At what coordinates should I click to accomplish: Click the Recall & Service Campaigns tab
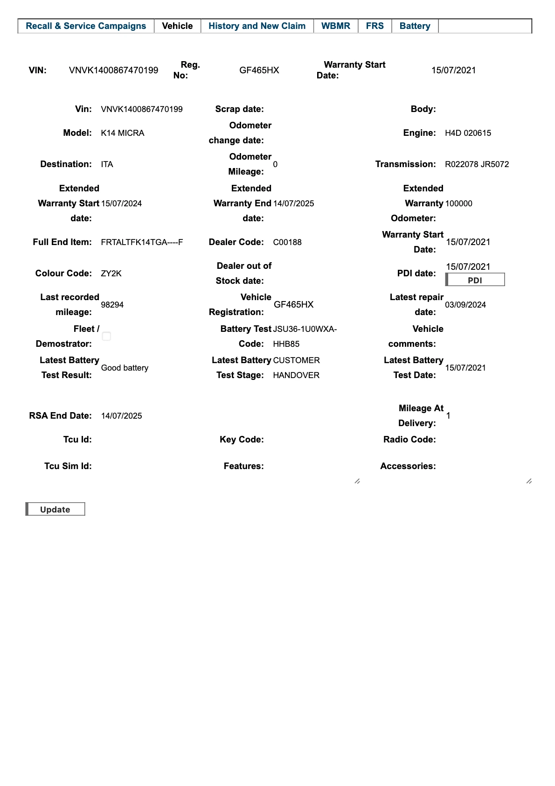tap(86, 26)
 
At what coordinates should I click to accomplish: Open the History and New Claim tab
tap(257, 26)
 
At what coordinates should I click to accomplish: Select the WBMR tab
tap(335, 26)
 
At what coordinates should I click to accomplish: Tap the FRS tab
tap(375, 26)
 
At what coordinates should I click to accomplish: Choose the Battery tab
tap(415, 26)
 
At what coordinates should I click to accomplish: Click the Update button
tap(55, 509)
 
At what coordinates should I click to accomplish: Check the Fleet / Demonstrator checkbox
tap(106, 336)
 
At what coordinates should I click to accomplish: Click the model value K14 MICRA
tap(123, 133)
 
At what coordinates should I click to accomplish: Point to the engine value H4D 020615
tap(468, 133)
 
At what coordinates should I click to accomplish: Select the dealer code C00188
tap(287, 242)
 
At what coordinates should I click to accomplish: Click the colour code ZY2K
tap(111, 274)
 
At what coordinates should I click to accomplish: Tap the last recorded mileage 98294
tap(112, 305)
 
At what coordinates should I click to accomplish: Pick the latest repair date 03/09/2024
tap(465, 305)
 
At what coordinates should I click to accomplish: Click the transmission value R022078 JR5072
tap(477, 164)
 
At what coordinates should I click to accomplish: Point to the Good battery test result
tap(125, 368)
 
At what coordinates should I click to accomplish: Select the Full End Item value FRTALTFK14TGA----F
tap(142, 242)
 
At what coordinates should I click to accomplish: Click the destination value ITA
tap(107, 164)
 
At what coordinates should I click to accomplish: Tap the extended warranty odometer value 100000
tap(458, 204)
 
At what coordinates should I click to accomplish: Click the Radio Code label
tap(409, 440)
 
